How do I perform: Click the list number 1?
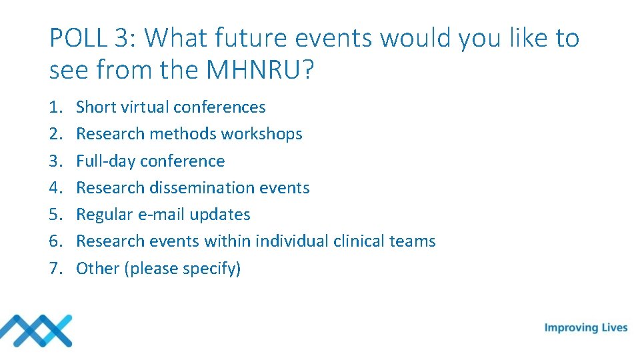coord(56,107)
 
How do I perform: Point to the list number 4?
coord(56,188)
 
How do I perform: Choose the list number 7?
coord(56,269)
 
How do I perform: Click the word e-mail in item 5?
coord(163,215)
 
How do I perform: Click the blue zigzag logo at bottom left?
coord(36,331)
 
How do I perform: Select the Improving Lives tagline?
coord(586,327)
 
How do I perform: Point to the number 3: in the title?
coord(125,39)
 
